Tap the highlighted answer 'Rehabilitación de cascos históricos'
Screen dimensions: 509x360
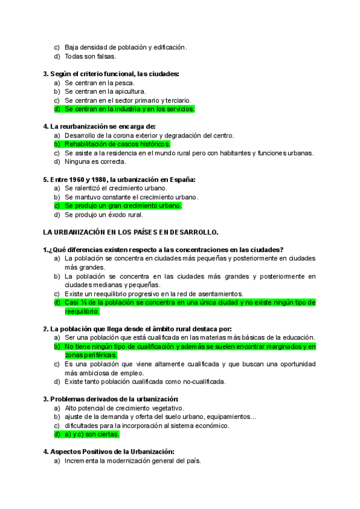(117, 144)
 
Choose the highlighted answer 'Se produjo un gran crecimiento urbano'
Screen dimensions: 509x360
(123, 205)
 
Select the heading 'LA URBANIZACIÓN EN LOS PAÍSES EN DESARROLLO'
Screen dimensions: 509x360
(131, 232)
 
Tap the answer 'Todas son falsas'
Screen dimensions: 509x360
(91, 56)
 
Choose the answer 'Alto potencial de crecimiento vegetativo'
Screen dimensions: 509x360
(124, 408)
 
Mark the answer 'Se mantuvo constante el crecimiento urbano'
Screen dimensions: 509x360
(131, 196)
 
